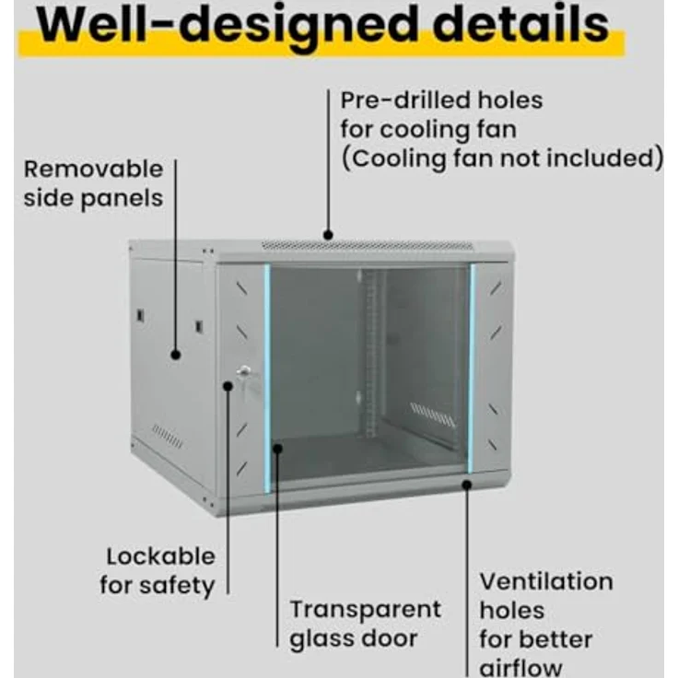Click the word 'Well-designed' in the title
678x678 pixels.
click(x=228, y=25)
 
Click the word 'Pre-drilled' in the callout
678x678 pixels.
click(x=403, y=99)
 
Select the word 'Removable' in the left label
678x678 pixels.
click(x=93, y=169)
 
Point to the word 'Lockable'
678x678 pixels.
click(x=161, y=556)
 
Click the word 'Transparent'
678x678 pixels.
click(x=366, y=610)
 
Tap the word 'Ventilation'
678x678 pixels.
click(x=546, y=581)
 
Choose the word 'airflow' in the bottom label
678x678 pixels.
click(x=521, y=668)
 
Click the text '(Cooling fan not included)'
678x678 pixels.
click(x=502, y=158)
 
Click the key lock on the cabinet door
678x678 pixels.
click(x=244, y=372)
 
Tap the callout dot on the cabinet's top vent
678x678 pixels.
click(x=328, y=235)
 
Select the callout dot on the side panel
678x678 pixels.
click(x=176, y=355)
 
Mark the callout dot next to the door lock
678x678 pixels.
click(x=228, y=386)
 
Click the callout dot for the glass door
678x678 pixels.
click(x=277, y=449)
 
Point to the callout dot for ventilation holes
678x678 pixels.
click(x=466, y=485)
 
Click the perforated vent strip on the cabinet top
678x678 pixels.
click(x=368, y=246)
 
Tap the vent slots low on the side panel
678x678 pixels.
click(x=168, y=437)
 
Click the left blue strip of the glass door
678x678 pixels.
click(x=267, y=379)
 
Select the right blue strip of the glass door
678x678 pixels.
click(x=472, y=368)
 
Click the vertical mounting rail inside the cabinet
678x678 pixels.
click(x=370, y=353)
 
